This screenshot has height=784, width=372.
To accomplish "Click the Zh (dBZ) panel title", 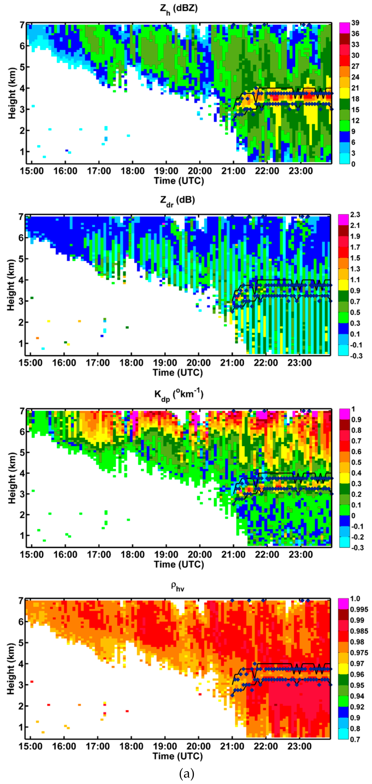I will [x=179, y=9].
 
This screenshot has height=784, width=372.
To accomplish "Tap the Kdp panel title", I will [x=179, y=395].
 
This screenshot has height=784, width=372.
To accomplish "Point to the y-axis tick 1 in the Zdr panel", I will [x=21, y=344].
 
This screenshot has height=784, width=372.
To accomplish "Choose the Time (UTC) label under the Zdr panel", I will [x=178, y=373].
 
